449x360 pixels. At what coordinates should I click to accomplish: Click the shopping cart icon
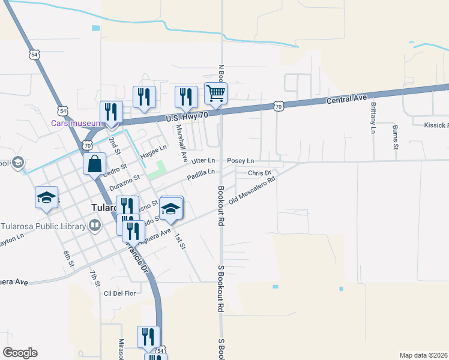pyautogui.click(x=215, y=94)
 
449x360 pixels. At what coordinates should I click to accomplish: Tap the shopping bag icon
pyautogui.click(x=95, y=163)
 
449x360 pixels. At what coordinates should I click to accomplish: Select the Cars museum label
pyautogui.click(x=74, y=123)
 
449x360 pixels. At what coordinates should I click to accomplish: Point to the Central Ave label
pyautogui.click(x=346, y=99)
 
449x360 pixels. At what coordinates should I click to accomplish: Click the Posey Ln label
pyautogui.click(x=241, y=161)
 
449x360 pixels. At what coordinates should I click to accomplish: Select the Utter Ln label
pyautogui.click(x=203, y=161)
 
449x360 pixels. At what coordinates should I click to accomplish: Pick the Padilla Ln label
pyautogui.click(x=200, y=173)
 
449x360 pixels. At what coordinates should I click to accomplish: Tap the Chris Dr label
pyautogui.click(x=260, y=173)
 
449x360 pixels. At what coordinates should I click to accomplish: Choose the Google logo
pyautogui.click(x=20, y=353)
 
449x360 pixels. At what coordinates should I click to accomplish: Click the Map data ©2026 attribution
pyautogui.click(x=424, y=355)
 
